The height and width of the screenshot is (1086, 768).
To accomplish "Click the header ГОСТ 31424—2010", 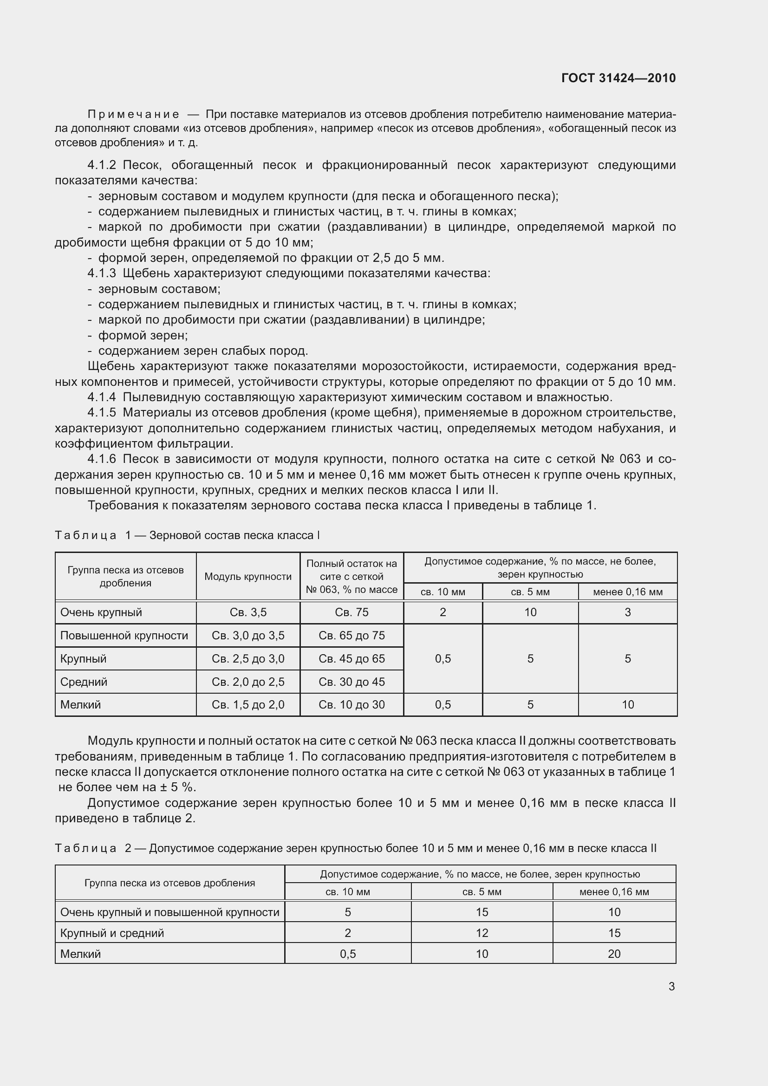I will pyautogui.click(x=618, y=78).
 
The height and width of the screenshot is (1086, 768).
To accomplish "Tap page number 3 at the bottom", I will pyautogui.click(x=671, y=986).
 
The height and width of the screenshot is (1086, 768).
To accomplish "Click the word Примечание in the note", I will pyautogui.click(x=133, y=115).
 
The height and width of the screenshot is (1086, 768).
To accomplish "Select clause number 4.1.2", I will pyautogui.click(x=102, y=165).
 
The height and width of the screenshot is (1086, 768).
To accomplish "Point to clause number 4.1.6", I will pyautogui.click(x=102, y=459).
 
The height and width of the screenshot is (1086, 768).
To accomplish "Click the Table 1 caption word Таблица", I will pyautogui.click(x=85, y=535).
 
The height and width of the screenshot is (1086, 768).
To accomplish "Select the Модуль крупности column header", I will pyautogui.click(x=248, y=577).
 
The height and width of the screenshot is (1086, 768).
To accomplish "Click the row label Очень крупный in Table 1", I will pyautogui.click(x=101, y=612).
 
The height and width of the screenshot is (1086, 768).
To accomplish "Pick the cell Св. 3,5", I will pyautogui.click(x=248, y=612).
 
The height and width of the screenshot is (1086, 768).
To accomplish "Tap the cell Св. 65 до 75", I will pyautogui.click(x=351, y=636).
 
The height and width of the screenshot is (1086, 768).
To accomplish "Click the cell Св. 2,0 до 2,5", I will pyautogui.click(x=248, y=682).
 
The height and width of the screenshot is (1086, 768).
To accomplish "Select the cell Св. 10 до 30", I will pyautogui.click(x=351, y=705).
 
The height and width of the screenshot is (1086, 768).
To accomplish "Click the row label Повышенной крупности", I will pyautogui.click(x=124, y=636).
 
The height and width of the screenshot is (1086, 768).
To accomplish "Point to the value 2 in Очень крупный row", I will pyautogui.click(x=443, y=612).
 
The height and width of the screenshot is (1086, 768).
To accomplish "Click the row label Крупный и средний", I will pyautogui.click(x=112, y=933).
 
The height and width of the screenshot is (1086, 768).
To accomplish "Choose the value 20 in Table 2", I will pyautogui.click(x=614, y=954).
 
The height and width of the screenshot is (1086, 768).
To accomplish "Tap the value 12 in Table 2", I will pyautogui.click(x=482, y=933).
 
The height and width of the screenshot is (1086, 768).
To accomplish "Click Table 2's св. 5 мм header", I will pyautogui.click(x=482, y=892).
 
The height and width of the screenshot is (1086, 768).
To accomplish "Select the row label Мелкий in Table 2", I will pyautogui.click(x=80, y=954).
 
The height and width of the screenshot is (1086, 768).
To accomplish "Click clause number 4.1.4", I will pyautogui.click(x=102, y=397).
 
